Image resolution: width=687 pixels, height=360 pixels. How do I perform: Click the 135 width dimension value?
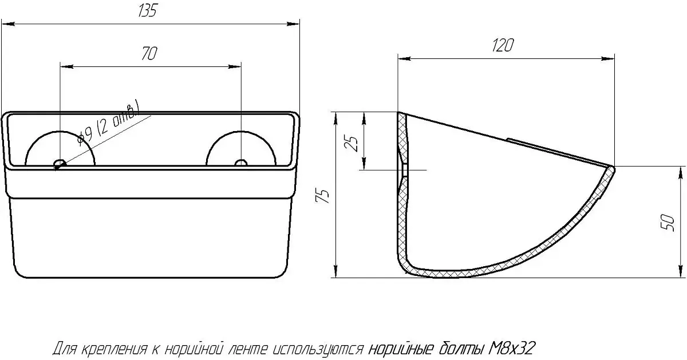tap(148, 11)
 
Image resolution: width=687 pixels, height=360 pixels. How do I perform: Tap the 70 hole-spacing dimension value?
tap(149, 53)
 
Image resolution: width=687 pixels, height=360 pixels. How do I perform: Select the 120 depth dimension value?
tap(503, 45)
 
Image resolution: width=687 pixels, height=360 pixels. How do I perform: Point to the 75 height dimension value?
tap(322, 196)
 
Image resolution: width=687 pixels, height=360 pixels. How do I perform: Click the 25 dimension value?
tap(351, 143)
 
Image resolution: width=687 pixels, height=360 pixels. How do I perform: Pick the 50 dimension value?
tap(668, 223)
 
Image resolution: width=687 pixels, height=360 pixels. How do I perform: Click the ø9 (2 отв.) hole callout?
tap(108, 124)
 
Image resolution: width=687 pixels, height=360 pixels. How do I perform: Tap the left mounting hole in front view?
tap(60, 163)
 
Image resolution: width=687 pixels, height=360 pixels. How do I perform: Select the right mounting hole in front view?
tap(241, 163)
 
